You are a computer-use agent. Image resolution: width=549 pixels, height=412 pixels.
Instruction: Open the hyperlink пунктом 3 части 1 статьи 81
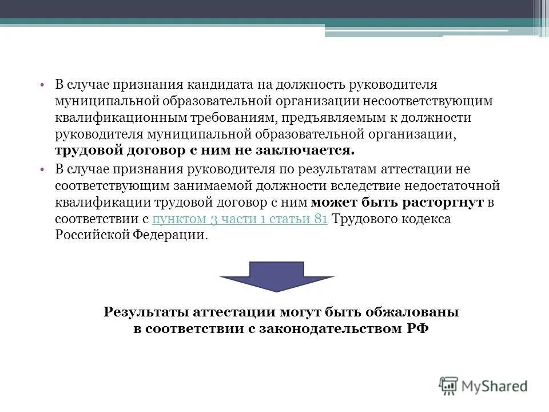click(240, 220)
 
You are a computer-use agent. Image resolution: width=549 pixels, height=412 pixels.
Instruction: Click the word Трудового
click(365, 220)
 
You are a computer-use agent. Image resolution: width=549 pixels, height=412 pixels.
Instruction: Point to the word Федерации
click(173, 236)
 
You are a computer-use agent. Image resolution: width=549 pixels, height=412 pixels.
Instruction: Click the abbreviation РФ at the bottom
click(418, 329)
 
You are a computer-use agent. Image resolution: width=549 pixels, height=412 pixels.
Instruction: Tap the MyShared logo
click(483, 386)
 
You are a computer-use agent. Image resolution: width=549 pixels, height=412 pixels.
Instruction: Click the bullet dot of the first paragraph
click(43, 85)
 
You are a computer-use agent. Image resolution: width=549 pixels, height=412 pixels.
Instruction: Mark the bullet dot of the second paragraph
click(43, 170)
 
